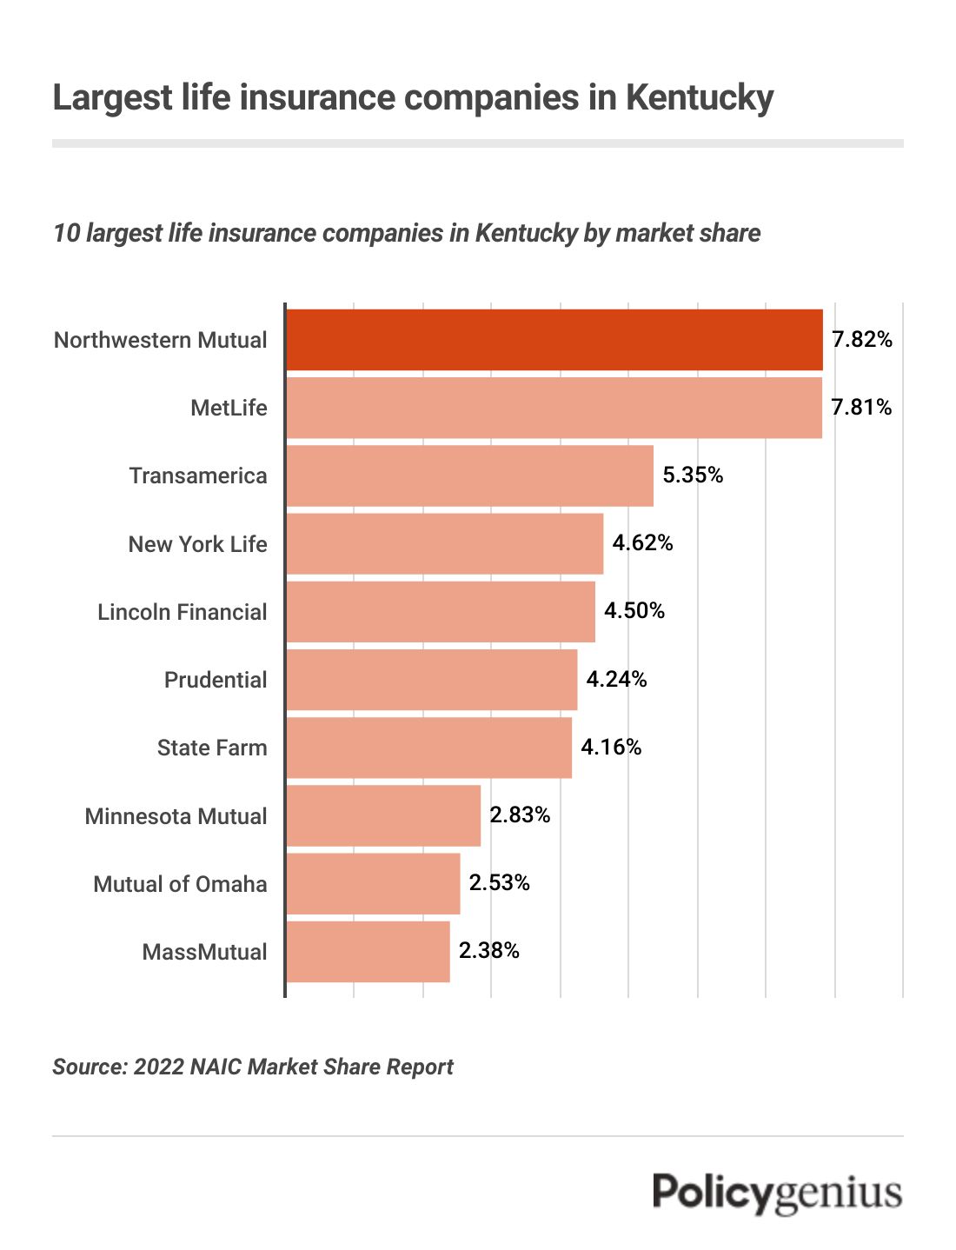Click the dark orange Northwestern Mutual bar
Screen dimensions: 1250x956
coord(554,340)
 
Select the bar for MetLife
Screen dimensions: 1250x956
coord(554,408)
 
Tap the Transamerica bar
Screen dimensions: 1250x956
coord(469,475)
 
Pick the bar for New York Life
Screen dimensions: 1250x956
coord(444,543)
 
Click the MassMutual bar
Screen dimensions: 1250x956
coord(368,952)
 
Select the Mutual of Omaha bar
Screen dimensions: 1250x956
coord(373,884)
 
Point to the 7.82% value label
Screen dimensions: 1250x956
coord(861,340)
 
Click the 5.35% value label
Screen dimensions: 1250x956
coord(693,475)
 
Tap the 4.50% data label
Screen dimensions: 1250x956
coord(634,611)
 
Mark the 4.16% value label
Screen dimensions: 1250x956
coord(611,748)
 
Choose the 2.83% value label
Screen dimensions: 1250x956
coord(520,815)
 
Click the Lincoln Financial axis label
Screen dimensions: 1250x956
coord(182,612)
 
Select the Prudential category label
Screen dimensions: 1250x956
coord(216,680)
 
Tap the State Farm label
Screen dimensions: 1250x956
coord(212,748)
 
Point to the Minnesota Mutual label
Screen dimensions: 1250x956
coord(176,816)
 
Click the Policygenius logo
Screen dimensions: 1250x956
coord(777,1193)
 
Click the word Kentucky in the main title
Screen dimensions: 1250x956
coord(699,97)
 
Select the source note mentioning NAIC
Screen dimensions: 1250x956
coord(253,1067)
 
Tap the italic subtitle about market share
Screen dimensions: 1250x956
coord(406,233)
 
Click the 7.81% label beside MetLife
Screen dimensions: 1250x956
coord(861,408)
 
